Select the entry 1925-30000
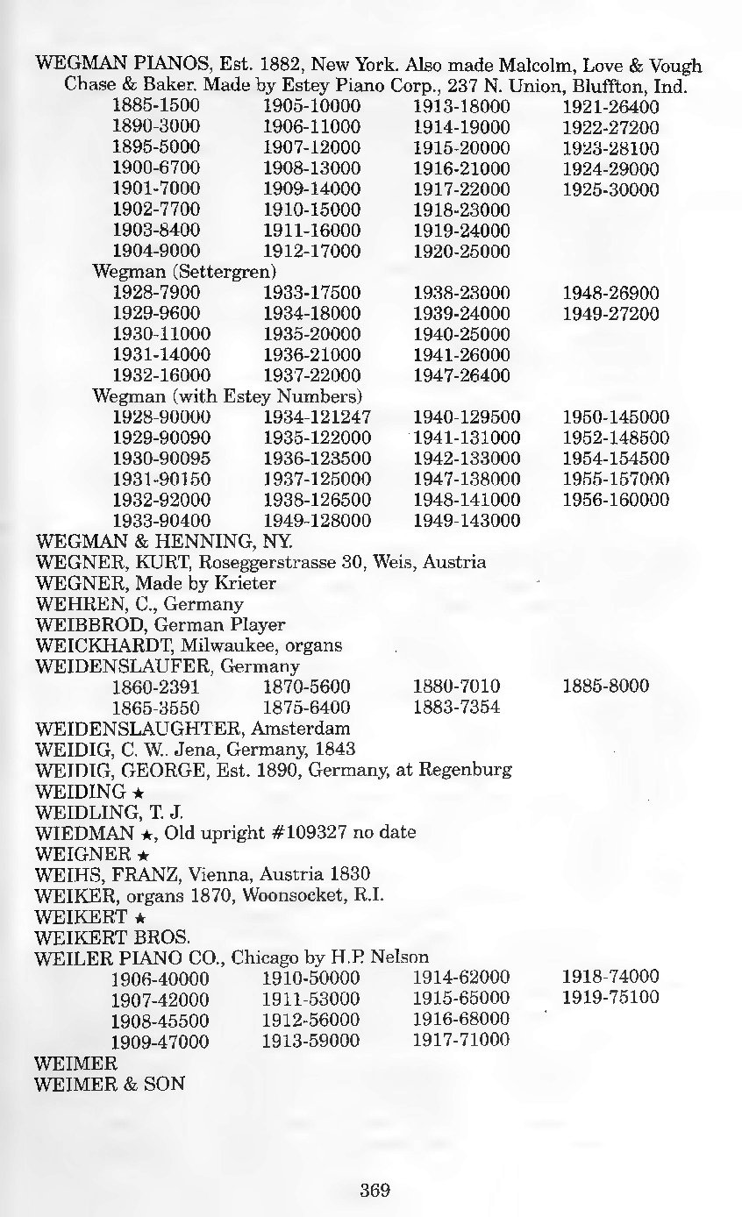(610, 189)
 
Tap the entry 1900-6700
(157, 168)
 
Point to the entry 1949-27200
(610, 314)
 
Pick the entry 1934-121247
(317, 416)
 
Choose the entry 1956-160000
(615, 500)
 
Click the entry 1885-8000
(605, 687)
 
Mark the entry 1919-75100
(610, 998)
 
